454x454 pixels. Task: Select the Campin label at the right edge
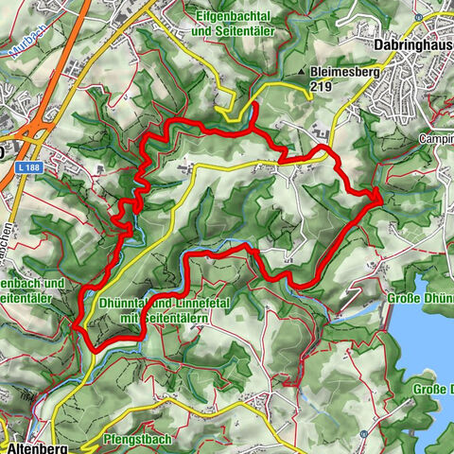coord(436,139)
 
